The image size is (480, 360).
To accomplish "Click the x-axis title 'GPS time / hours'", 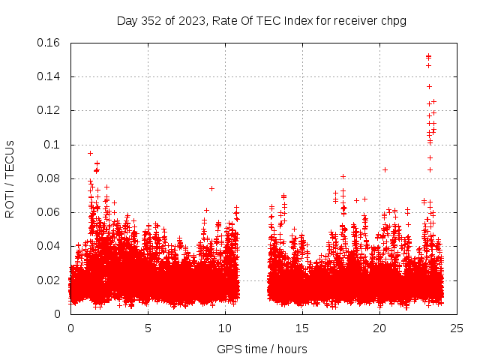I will [x=262, y=349].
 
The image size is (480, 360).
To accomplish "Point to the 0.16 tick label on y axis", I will [x=49, y=43].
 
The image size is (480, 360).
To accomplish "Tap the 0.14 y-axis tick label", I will [x=49, y=76].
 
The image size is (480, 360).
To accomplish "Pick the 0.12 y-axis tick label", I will [x=49, y=110].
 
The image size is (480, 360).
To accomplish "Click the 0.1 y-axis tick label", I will [x=53, y=145].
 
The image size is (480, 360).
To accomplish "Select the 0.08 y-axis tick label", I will [x=49, y=178].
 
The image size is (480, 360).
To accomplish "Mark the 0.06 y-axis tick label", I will [x=49, y=212].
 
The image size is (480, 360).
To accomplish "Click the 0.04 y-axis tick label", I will [x=49, y=246].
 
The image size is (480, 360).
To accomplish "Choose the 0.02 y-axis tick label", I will [x=49, y=280].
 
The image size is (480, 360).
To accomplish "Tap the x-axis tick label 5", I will [x=148, y=328].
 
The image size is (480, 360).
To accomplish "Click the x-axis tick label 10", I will [x=225, y=328].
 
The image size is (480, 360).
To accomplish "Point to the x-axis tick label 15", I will [x=302, y=328].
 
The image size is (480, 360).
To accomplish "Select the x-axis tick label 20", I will [x=379, y=328].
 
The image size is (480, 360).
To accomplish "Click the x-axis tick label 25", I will [x=457, y=328].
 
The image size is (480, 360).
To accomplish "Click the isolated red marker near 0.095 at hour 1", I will [x=91, y=153].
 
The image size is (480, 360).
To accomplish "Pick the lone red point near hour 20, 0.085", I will [x=385, y=169].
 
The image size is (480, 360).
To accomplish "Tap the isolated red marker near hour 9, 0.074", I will [x=211, y=188].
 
